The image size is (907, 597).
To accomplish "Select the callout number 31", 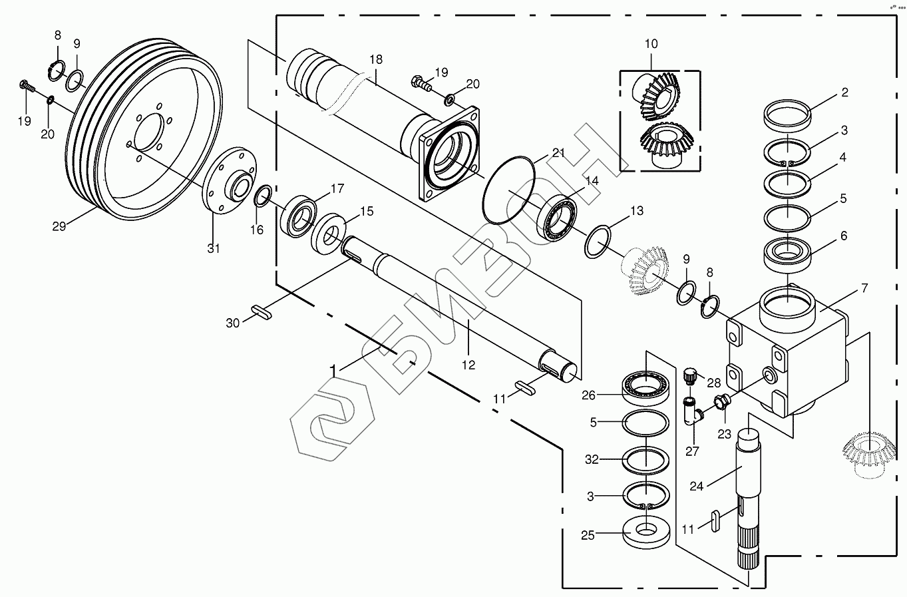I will tap(214, 248).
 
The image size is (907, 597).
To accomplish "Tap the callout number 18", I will tap(376, 59).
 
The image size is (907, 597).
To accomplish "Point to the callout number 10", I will tap(651, 44).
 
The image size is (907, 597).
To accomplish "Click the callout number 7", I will tap(864, 288).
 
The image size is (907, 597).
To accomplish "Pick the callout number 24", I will tap(697, 486).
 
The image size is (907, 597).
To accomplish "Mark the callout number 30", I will tap(232, 323).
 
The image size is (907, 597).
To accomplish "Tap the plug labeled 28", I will tap(690, 375).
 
